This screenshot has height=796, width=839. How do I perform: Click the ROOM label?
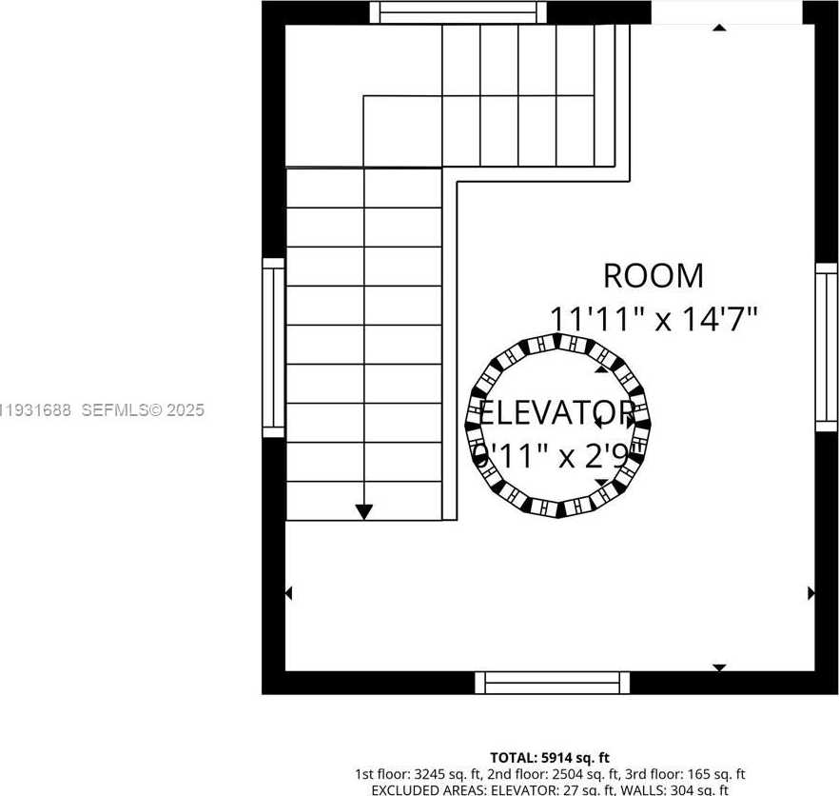[654, 276]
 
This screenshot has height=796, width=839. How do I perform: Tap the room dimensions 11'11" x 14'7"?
[654, 318]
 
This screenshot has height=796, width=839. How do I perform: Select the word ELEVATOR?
[556, 413]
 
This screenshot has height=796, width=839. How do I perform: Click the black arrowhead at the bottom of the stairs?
[363, 511]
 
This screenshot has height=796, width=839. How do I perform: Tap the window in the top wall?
[459, 12]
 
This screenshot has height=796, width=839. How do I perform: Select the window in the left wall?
[273, 348]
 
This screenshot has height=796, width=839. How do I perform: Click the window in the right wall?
[826, 348]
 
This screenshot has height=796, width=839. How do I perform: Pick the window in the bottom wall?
[552, 683]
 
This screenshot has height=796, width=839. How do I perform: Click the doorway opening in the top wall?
[726, 12]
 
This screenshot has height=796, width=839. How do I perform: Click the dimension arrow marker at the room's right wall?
[810, 593]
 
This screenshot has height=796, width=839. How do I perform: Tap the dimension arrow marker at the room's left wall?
[289, 593]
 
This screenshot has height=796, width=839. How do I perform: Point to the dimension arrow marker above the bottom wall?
[719, 667]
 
